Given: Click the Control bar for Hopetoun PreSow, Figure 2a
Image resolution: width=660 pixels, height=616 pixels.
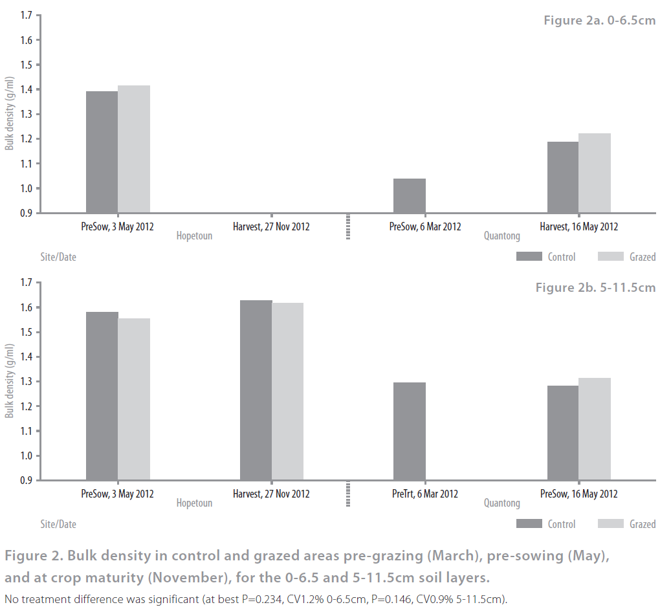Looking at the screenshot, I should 102,152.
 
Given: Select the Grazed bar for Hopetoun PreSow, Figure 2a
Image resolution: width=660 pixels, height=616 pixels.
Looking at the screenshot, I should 134,149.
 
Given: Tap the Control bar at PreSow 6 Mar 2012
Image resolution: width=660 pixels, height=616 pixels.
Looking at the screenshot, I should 410,195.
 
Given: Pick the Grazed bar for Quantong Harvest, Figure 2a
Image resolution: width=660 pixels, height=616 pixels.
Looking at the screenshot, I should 595,173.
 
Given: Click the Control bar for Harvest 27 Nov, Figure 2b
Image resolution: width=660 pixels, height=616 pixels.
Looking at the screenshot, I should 256,390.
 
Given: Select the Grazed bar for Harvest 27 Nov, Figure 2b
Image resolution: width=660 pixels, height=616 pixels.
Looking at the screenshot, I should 287,391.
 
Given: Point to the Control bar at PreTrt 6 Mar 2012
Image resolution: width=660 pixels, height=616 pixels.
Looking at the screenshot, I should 410,431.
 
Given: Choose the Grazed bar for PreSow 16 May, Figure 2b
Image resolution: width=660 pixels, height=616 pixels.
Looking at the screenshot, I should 595,429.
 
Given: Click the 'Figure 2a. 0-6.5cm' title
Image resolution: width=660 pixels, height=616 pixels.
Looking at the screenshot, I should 599,21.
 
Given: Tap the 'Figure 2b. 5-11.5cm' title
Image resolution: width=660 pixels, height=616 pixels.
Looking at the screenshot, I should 595,287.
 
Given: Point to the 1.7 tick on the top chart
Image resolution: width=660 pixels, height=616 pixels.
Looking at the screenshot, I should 27,15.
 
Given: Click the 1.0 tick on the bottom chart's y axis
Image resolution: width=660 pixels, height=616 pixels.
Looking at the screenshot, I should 27,456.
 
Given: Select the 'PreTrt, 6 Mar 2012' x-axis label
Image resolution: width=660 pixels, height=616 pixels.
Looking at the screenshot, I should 425,494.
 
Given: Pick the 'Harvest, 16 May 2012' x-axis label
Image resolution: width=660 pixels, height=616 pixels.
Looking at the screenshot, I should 578,226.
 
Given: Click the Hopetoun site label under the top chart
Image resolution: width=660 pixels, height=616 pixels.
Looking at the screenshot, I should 194,236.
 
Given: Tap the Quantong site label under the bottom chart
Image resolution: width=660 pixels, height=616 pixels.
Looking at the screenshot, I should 501,503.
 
